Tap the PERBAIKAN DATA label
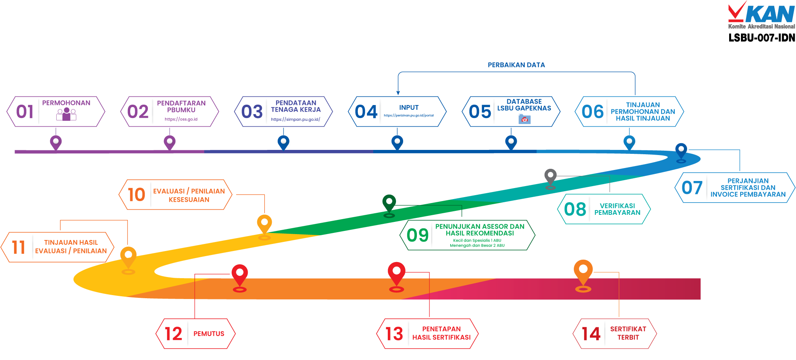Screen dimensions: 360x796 click(x=516, y=65)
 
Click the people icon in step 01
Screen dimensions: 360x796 click(x=66, y=114)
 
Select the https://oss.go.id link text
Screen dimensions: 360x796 click(x=181, y=119)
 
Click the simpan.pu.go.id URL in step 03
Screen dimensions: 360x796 click(x=295, y=119)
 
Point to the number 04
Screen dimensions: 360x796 click(x=366, y=112)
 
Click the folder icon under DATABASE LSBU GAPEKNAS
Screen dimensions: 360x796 click(x=524, y=119)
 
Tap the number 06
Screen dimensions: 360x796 click(x=592, y=112)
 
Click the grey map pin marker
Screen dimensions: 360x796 click(x=550, y=177)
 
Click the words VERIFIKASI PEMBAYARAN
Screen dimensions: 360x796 click(x=617, y=209)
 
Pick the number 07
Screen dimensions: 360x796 click(x=692, y=188)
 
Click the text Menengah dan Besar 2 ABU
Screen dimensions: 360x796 click(x=477, y=246)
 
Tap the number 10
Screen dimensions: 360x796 click(x=136, y=195)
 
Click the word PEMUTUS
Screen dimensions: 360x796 click(x=209, y=334)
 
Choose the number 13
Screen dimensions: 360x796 click(x=394, y=334)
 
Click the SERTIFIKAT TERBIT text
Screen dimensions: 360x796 click(x=628, y=333)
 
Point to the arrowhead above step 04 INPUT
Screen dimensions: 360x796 click(x=398, y=93)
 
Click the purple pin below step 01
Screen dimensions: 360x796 click(x=56, y=142)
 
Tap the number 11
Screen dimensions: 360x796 click(x=18, y=247)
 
